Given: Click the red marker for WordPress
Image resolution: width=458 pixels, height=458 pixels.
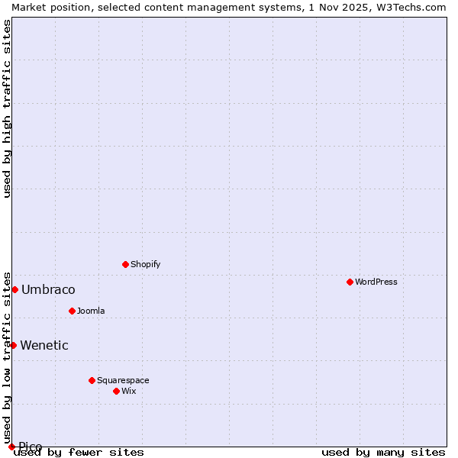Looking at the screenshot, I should point(350,282).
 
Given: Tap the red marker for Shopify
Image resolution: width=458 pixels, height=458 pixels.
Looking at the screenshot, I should point(125,264).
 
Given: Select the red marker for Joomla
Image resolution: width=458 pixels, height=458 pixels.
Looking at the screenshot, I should point(72,311).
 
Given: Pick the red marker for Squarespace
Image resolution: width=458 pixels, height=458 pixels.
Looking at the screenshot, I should point(92,380).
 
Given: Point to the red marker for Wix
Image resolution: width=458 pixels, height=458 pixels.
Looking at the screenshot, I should point(116,391).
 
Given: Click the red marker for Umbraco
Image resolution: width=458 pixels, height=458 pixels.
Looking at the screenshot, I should point(15,289).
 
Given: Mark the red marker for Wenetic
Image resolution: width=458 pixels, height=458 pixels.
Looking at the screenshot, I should point(13,345).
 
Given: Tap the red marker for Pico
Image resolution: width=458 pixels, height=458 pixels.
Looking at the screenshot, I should point(11,447).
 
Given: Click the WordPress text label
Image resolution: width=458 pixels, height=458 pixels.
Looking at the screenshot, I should point(376,282).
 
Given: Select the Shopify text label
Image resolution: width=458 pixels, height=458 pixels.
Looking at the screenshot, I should point(145,264).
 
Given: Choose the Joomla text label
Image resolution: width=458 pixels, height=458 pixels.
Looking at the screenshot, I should point(91,311).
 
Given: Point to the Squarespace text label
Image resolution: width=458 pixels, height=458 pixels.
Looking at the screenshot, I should point(123,380).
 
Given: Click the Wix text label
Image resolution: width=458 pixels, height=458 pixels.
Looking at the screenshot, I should point(128,391).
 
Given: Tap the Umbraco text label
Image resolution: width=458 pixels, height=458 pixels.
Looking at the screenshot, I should point(48,289).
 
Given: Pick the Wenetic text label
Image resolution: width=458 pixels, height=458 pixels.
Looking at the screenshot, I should point(44,345).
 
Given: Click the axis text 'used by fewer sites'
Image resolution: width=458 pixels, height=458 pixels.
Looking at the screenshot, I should point(79,453).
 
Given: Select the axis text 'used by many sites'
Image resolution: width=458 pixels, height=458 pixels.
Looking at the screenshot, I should point(383,453).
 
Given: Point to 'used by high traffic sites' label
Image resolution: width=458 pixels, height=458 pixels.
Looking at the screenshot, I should point(7,108).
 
